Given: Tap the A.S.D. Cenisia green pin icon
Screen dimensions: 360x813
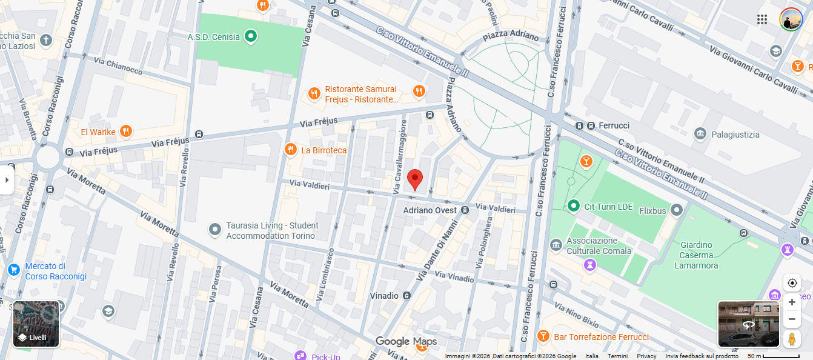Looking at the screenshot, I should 251,37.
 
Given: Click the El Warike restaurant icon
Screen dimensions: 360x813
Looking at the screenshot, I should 125,132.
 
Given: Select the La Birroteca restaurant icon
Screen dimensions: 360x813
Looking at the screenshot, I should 291,150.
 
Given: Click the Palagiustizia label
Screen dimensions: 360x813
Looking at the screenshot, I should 735,135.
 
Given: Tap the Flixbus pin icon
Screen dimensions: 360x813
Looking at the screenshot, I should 677,210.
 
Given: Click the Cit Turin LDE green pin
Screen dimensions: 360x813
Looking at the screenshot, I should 573,207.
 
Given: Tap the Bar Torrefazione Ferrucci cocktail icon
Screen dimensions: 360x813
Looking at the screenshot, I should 543,336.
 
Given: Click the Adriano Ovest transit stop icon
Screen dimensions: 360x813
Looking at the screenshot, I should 465,210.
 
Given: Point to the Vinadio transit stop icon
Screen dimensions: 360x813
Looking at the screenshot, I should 406,296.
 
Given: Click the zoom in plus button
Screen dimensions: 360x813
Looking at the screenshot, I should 792,302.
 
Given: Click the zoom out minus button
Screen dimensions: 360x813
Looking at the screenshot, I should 792,319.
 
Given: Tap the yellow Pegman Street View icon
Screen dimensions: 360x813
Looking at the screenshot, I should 792,339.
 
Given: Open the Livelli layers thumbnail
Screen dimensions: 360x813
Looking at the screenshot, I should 36,324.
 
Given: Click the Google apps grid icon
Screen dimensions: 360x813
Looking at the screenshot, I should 762,19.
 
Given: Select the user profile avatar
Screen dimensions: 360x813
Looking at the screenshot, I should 791,19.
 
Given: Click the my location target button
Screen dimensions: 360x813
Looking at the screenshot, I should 792,283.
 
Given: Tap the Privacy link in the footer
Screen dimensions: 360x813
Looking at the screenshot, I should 646,356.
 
